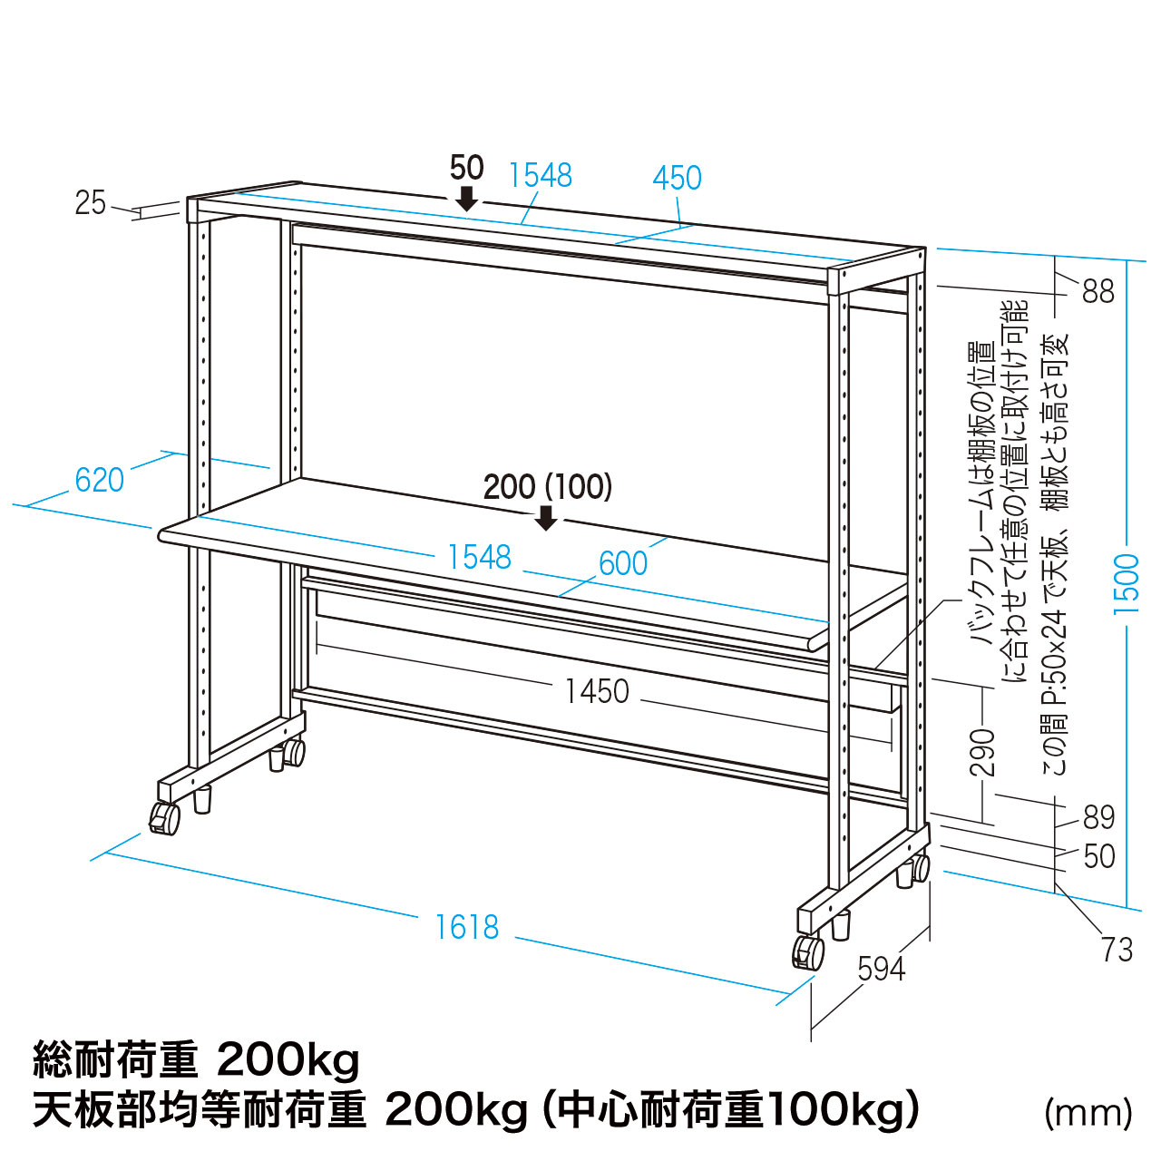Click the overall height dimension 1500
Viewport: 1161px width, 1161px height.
click(x=1126, y=583)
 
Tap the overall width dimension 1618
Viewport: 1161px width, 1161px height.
click(x=467, y=927)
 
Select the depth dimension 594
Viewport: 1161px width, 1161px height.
click(x=882, y=970)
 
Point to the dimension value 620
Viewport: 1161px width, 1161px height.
click(x=100, y=480)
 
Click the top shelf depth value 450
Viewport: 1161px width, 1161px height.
click(x=678, y=178)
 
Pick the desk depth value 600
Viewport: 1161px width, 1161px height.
click(x=623, y=563)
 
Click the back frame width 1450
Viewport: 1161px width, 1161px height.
click(x=598, y=691)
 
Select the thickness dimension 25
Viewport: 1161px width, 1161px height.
click(x=91, y=203)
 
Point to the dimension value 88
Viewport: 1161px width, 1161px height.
click(x=1098, y=291)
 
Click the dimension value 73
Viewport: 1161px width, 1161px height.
click(x=1117, y=951)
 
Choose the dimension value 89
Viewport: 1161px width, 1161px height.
click(x=1099, y=817)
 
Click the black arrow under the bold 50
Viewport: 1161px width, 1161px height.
click(x=467, y=199)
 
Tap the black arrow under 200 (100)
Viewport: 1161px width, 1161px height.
click(x=546, y=518)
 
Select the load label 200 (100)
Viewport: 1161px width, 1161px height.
click(x=548, y=487)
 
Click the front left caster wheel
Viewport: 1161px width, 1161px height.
click(x=165, y=818)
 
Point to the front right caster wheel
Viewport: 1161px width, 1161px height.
click(x=808, y=952)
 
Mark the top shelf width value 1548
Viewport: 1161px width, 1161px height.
click(x=541, y=175)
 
